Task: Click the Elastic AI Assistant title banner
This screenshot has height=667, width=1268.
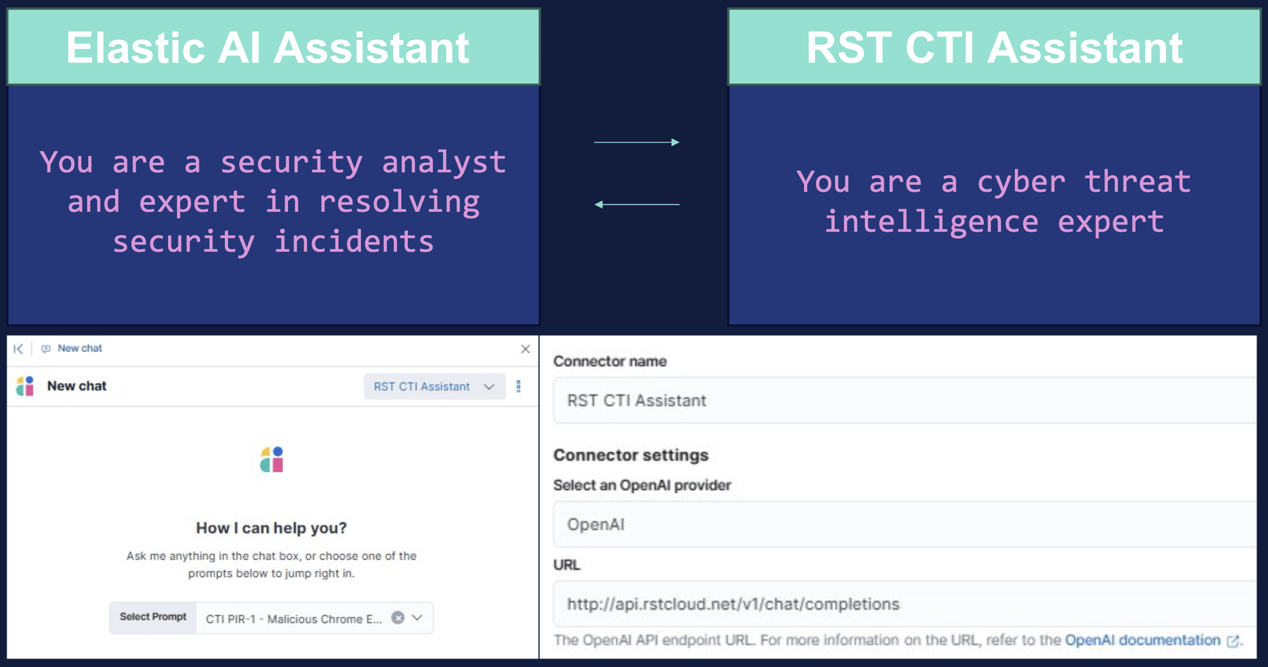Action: point(273,47)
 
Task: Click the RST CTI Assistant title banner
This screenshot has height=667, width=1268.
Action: point(994,47)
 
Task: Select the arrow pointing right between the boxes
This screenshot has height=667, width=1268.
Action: point(636,142)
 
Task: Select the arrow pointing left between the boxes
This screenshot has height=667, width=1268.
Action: point(636,204)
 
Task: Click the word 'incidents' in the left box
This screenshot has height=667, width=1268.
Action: point(354,241)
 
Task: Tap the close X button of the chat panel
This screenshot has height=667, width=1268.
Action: point(525,349)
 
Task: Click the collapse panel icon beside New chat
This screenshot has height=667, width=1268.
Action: point(18,349)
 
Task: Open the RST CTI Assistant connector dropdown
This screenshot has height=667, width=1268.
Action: point(434,386)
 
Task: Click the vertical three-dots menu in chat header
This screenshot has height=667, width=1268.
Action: point(518,386)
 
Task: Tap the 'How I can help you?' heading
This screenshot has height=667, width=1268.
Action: point(271,528)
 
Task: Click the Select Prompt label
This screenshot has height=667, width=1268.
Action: point(153,617)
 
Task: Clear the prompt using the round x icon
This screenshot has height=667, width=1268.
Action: point(398,617)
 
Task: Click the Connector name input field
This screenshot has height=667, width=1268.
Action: point(905,400)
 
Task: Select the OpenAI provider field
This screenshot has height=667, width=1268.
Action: point(905,524)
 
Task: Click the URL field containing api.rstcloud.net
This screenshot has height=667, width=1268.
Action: point(905,604)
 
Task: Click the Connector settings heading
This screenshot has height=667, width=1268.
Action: point(631,455)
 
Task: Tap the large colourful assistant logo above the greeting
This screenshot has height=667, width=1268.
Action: point(272,459)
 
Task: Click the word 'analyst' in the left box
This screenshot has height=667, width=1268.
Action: point(444,163)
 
